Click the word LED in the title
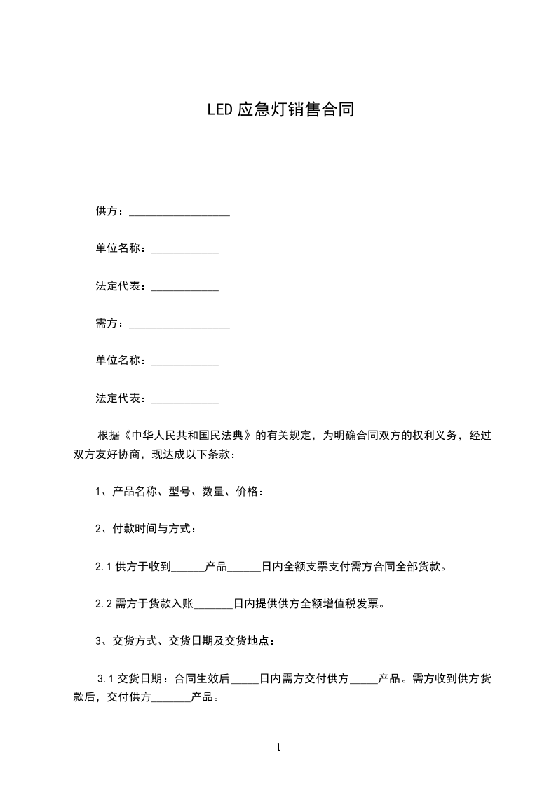219,110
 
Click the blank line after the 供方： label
179,211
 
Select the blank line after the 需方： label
179,324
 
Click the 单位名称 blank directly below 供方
185,249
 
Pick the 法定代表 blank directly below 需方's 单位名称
185,399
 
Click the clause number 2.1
104,567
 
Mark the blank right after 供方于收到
188,567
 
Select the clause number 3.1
105,679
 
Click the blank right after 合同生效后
245,679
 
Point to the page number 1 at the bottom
278,747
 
